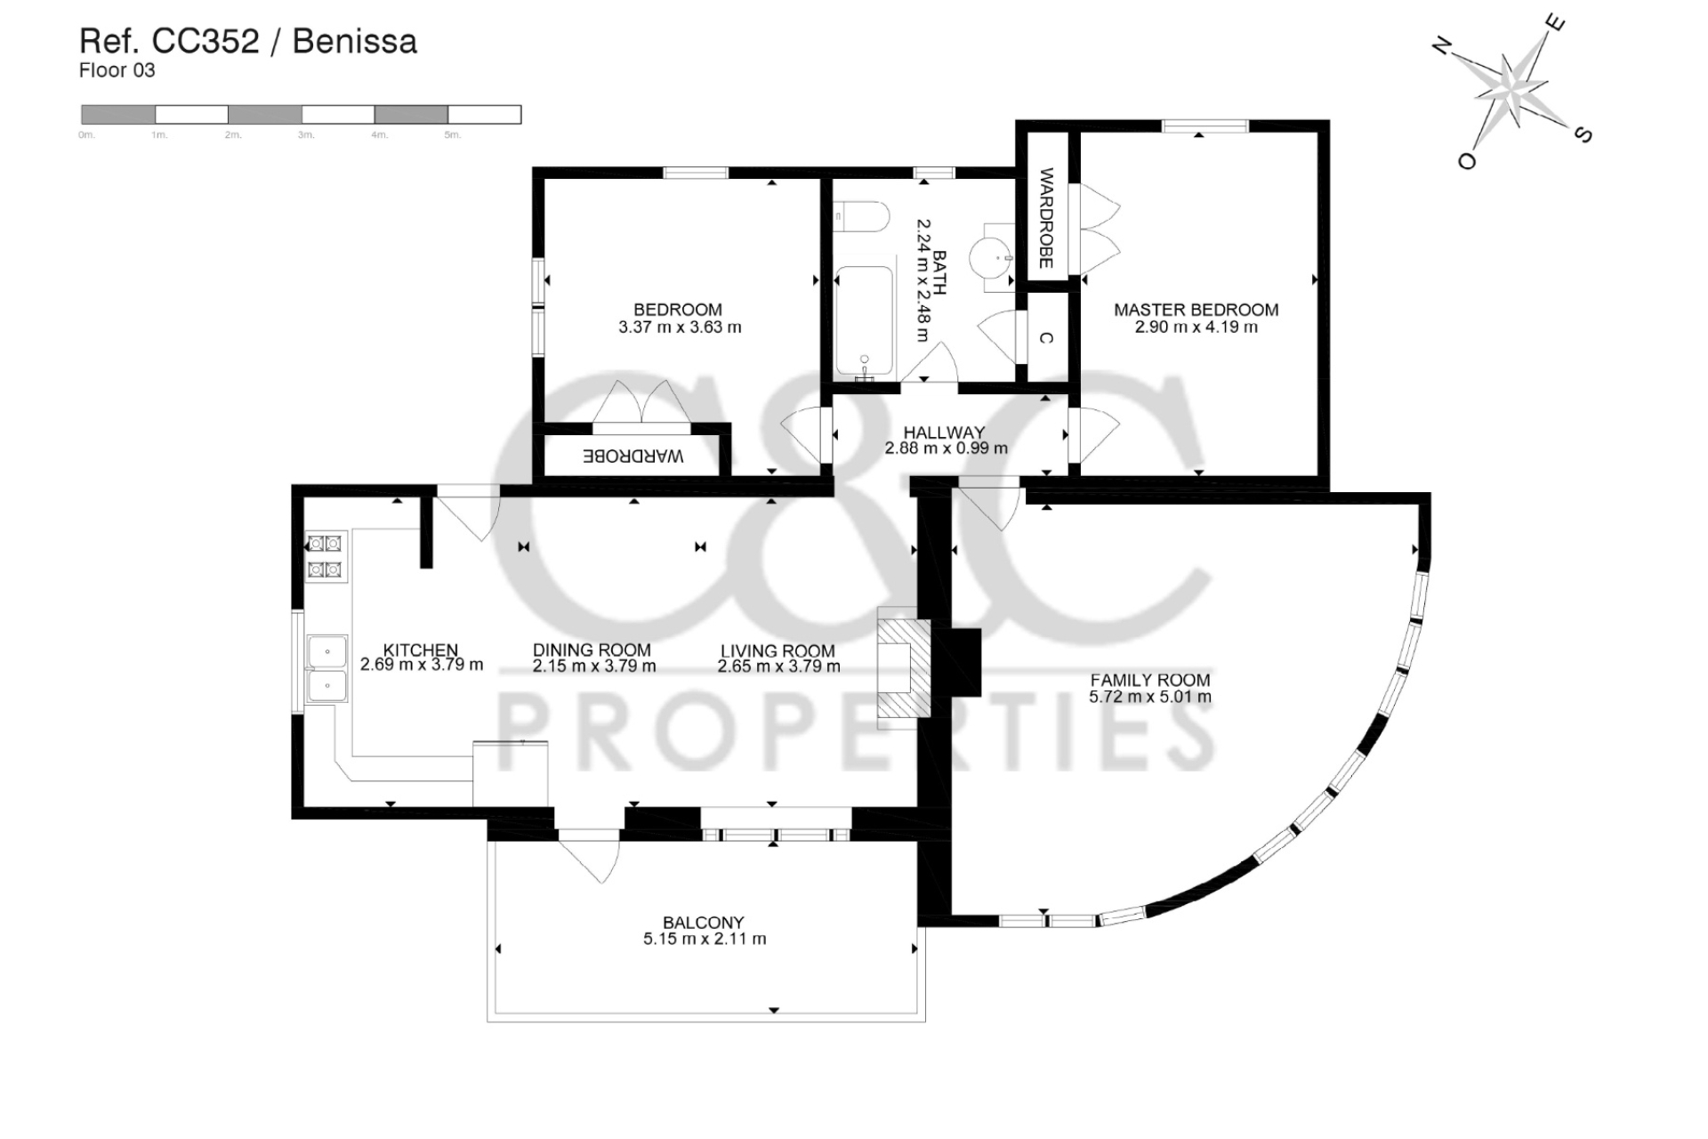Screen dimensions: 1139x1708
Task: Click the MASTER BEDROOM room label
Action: (x=1196, y=310)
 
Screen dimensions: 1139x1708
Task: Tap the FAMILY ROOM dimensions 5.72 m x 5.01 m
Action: (x=1149, y=697)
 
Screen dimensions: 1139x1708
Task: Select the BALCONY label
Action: (x=703, y=923)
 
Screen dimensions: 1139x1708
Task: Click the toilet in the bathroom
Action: (x=860, y=217)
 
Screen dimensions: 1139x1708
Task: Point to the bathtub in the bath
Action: (x=864, y=320)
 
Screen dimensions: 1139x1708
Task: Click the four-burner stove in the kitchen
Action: (x=324, y=556)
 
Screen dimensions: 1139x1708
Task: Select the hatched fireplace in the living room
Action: (x=904, y=667)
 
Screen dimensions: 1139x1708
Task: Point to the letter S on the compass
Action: (x=1583, y=134)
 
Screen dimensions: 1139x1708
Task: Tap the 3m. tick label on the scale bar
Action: (x=306, y=135)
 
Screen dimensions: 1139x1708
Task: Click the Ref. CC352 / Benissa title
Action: (x=248, y=41)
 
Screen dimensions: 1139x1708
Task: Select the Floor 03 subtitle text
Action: (x=117, y=71)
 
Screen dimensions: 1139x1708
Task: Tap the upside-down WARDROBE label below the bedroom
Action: (x=632, y=456)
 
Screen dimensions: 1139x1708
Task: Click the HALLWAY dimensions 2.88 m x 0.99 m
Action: (x=946, y=448)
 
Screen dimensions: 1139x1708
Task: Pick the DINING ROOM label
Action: (x=592, y=650)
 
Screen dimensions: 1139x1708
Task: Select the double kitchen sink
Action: (x=326, y=669)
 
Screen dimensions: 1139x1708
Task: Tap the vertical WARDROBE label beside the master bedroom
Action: (x=1046, y=218)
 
